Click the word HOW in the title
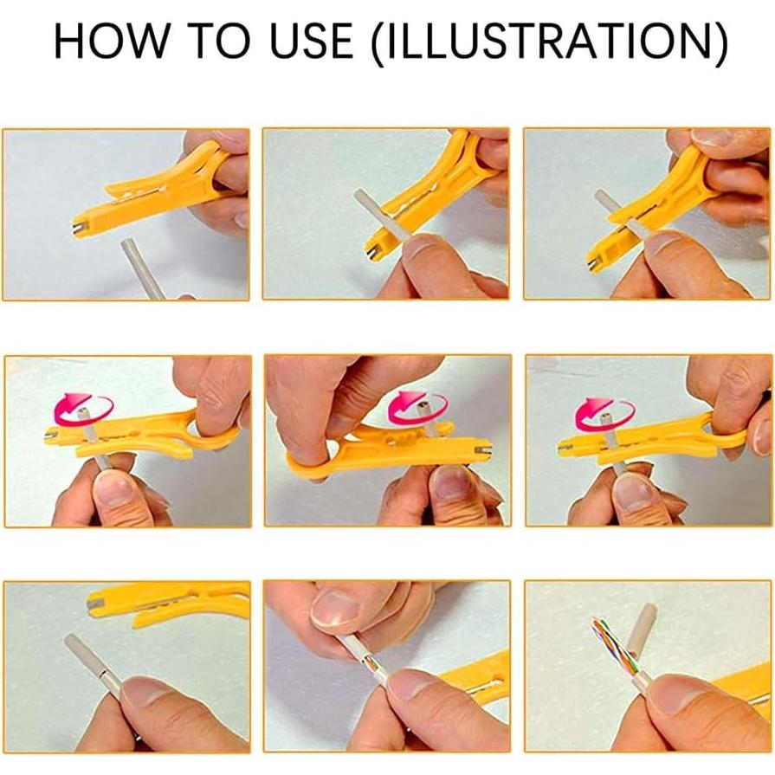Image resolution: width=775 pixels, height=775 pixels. point(111,41)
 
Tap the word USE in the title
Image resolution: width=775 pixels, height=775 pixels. point(312,41)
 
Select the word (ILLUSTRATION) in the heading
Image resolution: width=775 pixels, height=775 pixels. point(549,42)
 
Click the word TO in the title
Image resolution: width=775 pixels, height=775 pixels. point(219,41)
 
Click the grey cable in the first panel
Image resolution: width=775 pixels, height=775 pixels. point(141,267)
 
